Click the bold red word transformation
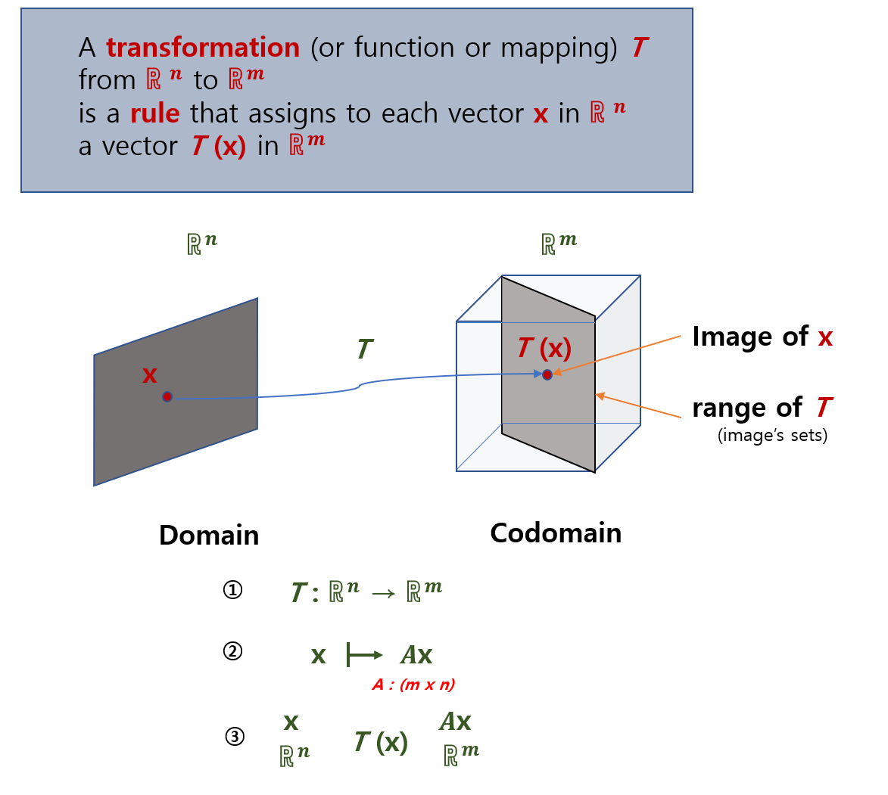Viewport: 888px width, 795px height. click(x=203, y=48)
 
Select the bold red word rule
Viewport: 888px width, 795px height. click(x=154, y=113)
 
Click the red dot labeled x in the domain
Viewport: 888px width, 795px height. click(x=167, y=396)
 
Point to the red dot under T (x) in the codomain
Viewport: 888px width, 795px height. click(x=547, y=374)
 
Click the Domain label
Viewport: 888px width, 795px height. click(x=209, y=536)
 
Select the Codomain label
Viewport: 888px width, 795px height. click(x=556, y=533)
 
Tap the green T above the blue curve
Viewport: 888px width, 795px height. click(x=364, y=349)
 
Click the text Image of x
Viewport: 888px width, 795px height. click(x=762, y=337)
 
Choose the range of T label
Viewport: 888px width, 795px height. click(x=762, y=408)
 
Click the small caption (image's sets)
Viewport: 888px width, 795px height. click(x=772, y=436)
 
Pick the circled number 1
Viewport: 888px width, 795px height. click(x=232, y=590)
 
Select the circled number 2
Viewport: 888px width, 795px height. click(x=232, y=651)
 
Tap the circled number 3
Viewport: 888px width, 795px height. click(x=235, y=736)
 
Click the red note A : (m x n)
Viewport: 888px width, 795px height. click(x=413, y=685)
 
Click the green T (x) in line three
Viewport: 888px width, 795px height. click(x=381, y=743)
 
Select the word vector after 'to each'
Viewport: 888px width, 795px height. click(x=484, y=113)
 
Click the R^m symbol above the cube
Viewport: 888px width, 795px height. click(x=559, y=243)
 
